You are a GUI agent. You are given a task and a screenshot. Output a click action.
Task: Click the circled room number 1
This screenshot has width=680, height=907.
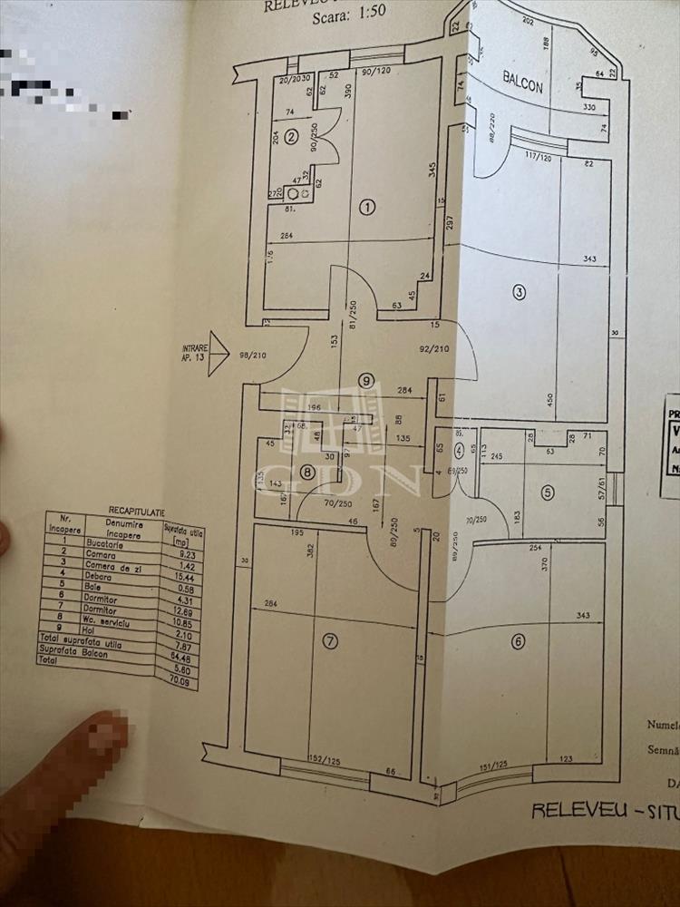pos(367,207)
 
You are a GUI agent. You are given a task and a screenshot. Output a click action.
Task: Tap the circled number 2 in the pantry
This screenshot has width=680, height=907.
pos(291,137)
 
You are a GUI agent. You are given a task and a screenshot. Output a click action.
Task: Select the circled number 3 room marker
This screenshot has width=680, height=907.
pos(519,292)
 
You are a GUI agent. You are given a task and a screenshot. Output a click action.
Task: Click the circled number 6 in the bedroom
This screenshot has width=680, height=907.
pos(518,642)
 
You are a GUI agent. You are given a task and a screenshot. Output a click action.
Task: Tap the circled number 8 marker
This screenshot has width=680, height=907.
pos(308,472)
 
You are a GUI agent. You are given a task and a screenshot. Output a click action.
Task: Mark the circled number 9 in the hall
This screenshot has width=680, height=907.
pos(365,381)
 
